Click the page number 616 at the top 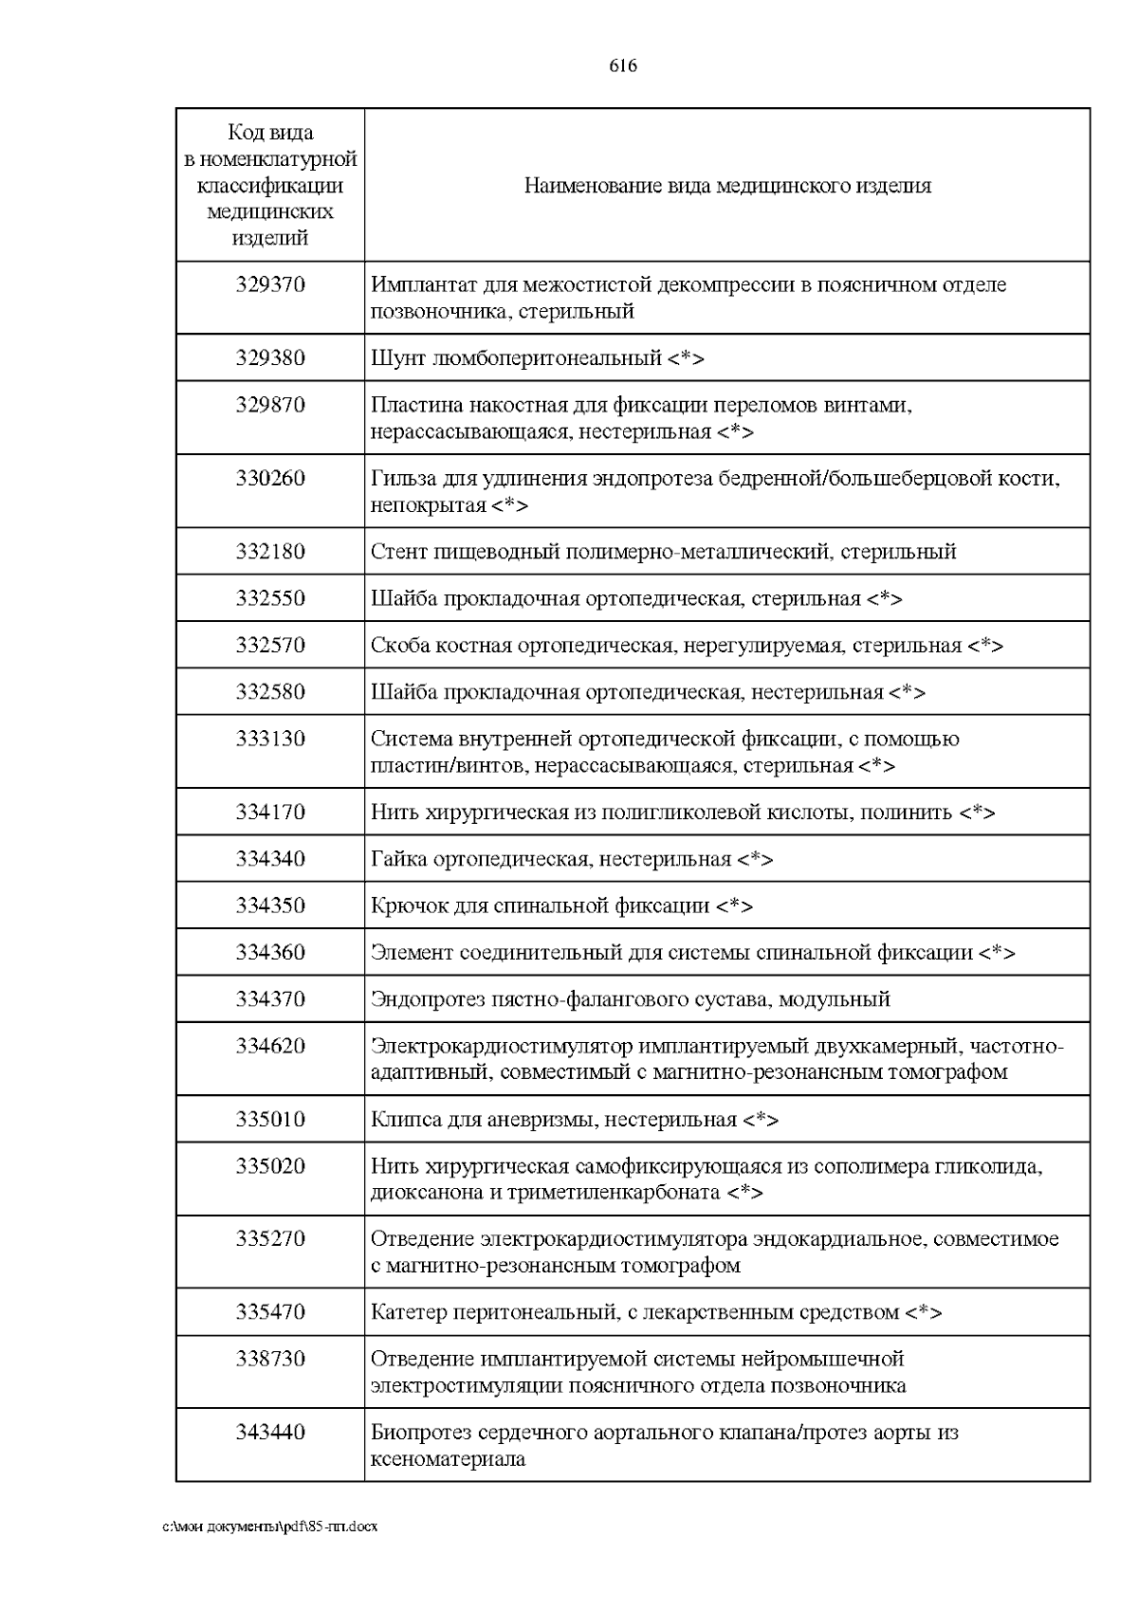[x=622, y=65]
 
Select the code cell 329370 [x=270, y=284]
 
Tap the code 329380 [x=270, y=358]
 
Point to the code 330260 [x=270, y=478]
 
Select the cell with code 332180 [x=270, y=552]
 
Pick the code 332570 [x=270, y=646]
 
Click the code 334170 [x=270, y=813]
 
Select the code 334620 [x=270, y=1046]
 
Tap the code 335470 [x=270, y=1312]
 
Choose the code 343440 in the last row [x=270, y=1432]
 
